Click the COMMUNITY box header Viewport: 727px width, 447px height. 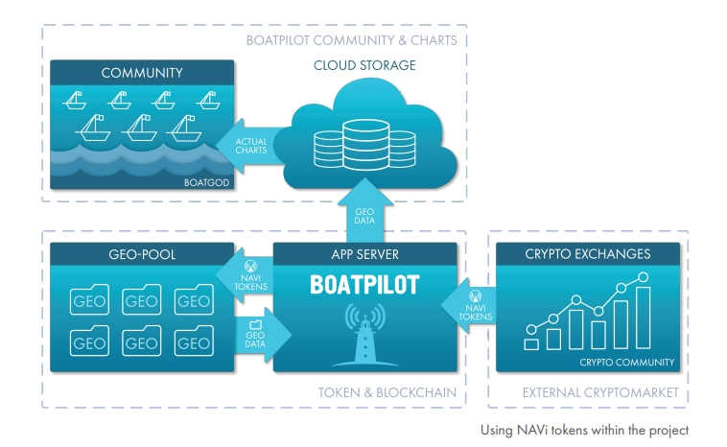coord(142,73)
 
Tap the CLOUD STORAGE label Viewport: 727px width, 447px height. coord(364,65)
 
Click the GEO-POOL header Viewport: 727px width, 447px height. coord(142,255)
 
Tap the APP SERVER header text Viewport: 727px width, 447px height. coord(364,255)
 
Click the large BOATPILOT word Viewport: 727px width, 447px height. coord(364,286)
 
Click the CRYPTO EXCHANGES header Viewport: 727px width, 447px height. coord(588,255)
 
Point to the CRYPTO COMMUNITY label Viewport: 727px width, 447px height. coord(626,363)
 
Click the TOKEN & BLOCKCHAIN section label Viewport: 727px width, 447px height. coord(387,393)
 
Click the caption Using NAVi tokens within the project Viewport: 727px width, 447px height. coord(584,431)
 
